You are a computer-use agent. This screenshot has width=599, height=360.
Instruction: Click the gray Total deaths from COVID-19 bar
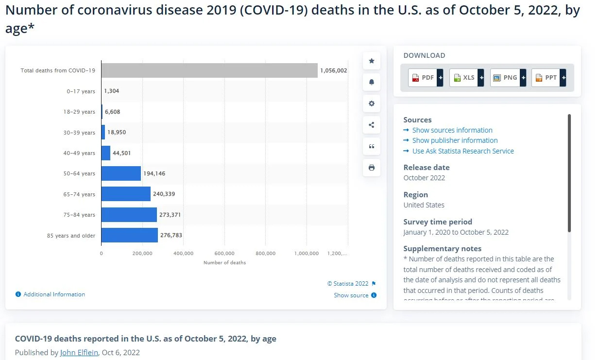click(209, 70)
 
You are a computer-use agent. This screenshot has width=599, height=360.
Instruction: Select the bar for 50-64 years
click(121, 173)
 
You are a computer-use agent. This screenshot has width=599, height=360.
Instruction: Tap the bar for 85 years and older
click(130, 235)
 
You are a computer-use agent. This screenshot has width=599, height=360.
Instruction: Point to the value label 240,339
click(164, 194)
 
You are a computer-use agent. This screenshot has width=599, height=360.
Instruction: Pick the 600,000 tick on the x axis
click(224, 253)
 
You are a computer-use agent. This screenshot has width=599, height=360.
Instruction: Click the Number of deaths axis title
click(224, 263)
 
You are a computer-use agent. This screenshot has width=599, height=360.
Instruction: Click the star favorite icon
click(372, 61)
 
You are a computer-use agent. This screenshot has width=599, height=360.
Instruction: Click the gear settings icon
click(372, 103)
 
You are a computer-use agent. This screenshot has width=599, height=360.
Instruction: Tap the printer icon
click(372, 168)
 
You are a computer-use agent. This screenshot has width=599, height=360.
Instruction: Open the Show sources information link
click(452, 130)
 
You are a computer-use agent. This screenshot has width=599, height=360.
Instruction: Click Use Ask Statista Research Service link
click(462, 151)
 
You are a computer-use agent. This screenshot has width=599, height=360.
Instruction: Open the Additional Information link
click(54, 294)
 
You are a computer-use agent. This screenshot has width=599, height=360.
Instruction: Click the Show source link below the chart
click(351, 295)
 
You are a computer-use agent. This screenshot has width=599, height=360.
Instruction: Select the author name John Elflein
click(79, 352)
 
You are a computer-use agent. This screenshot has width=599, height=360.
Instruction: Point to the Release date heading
click(426, 167)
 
